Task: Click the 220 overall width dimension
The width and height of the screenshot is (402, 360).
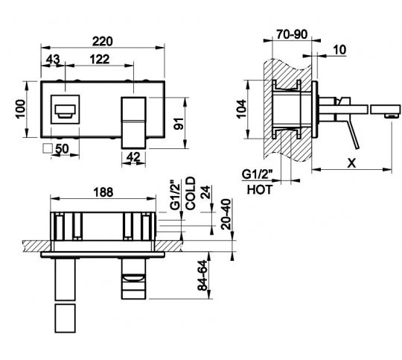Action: (x=102, y=41)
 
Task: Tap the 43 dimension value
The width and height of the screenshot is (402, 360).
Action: (x=53, y=60)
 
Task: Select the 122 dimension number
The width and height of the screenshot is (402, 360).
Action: (x=100, y=60)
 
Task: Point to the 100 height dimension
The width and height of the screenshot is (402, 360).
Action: (x=21, y=109)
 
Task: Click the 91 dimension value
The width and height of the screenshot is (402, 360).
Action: (x=179, y=124)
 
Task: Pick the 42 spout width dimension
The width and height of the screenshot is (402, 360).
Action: (x=133, y=157)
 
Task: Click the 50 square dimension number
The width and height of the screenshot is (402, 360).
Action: (x=62, y=148)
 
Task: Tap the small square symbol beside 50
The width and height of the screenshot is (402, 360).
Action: (x=48, y=148)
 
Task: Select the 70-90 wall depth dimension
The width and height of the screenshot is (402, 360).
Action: (x=292, y=34)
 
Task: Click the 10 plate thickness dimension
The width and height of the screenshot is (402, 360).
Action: (x=340, y=49)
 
